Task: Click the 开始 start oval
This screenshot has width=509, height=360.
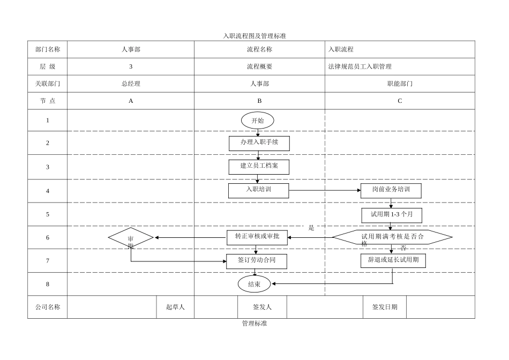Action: tap(257, 121)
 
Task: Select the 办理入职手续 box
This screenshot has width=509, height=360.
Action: tap(259, 143)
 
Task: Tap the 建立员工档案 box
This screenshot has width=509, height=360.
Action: tap(259, 167)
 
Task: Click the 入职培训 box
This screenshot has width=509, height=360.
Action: tap(258, 190)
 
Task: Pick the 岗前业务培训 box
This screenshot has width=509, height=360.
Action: tap(391, 190)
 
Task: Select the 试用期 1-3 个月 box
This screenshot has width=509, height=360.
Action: tap(391, 215)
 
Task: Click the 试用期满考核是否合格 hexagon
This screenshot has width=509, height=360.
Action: tap(392, 237)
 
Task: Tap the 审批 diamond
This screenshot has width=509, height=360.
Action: tap(131, 238)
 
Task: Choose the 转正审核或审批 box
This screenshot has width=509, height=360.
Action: tap(257, 237)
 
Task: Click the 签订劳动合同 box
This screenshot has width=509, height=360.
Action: tap(256, 261)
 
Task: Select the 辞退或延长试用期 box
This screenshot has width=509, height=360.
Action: tap(393, 260)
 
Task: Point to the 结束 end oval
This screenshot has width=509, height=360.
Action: tap(254, 284)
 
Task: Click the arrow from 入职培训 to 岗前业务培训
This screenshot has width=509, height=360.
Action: tap(324, 190)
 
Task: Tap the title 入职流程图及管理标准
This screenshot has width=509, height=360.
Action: tap(254, 36)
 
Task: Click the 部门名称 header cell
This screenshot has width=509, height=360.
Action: tap(48, 49)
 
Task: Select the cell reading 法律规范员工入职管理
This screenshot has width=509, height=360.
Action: tap(360, 66)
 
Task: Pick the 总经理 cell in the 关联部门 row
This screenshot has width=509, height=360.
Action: tap(131, 84)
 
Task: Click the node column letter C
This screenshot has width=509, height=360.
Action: tap(400, 101)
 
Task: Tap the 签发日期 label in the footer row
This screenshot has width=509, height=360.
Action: tap(385, 307)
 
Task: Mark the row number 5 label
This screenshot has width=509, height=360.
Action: tap(48, 214)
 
